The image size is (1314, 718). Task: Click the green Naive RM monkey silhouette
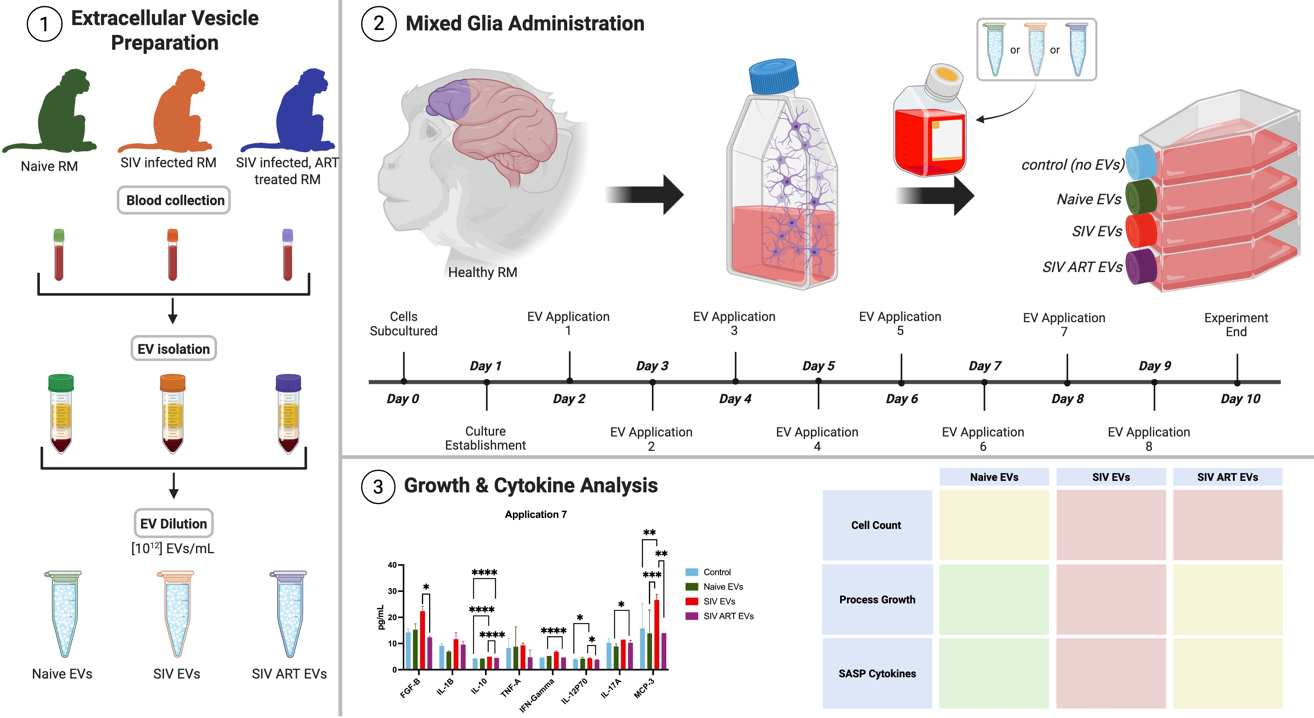pos(61,115)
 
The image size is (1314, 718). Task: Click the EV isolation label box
pos(173,349)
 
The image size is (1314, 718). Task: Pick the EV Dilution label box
pos(173,524)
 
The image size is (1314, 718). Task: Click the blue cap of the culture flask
pos(773,76)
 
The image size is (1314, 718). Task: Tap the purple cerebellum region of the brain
pos(449,99)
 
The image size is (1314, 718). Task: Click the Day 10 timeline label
pos(1240,399)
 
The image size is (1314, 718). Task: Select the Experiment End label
pos(1236,324)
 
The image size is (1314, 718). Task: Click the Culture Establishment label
pos(485,438)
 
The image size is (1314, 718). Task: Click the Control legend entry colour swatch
pos(692,572)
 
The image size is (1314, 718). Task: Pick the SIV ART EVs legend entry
pos(728,616)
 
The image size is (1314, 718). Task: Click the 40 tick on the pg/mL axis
pos(392,565)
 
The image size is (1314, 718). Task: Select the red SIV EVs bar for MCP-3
pos(656,635)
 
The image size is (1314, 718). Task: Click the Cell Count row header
pos(876,525)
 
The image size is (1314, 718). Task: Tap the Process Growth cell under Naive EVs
pos(994,599)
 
